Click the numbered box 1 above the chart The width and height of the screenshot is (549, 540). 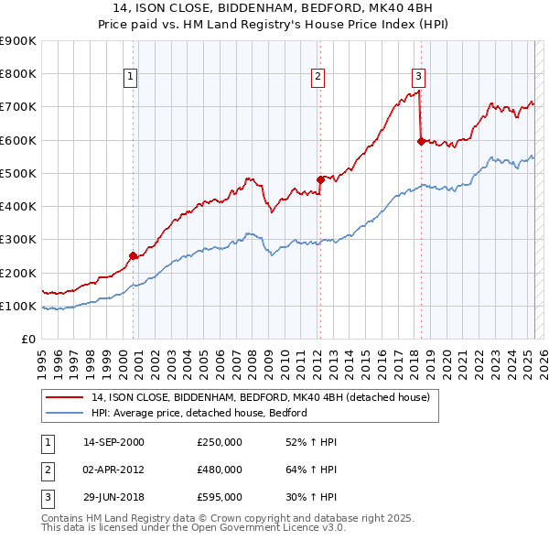click(132, 77)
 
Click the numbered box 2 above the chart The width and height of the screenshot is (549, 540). click(318, 77)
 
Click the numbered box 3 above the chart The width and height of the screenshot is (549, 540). click(418, 77)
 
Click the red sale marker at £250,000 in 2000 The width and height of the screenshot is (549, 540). click(133, 256)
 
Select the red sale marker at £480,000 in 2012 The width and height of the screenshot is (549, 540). click(320, 179)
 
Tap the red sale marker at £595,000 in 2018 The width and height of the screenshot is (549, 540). click(421, 141)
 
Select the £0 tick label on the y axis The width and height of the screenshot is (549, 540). click(28, 340)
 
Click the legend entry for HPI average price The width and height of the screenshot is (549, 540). click(199, 413)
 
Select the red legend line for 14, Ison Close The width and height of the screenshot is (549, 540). click(64, 397)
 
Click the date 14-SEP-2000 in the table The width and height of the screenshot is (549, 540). click(113, 442)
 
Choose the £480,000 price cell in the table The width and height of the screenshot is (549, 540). click(220, 470)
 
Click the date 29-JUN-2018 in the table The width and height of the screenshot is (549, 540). click(113, 498)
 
